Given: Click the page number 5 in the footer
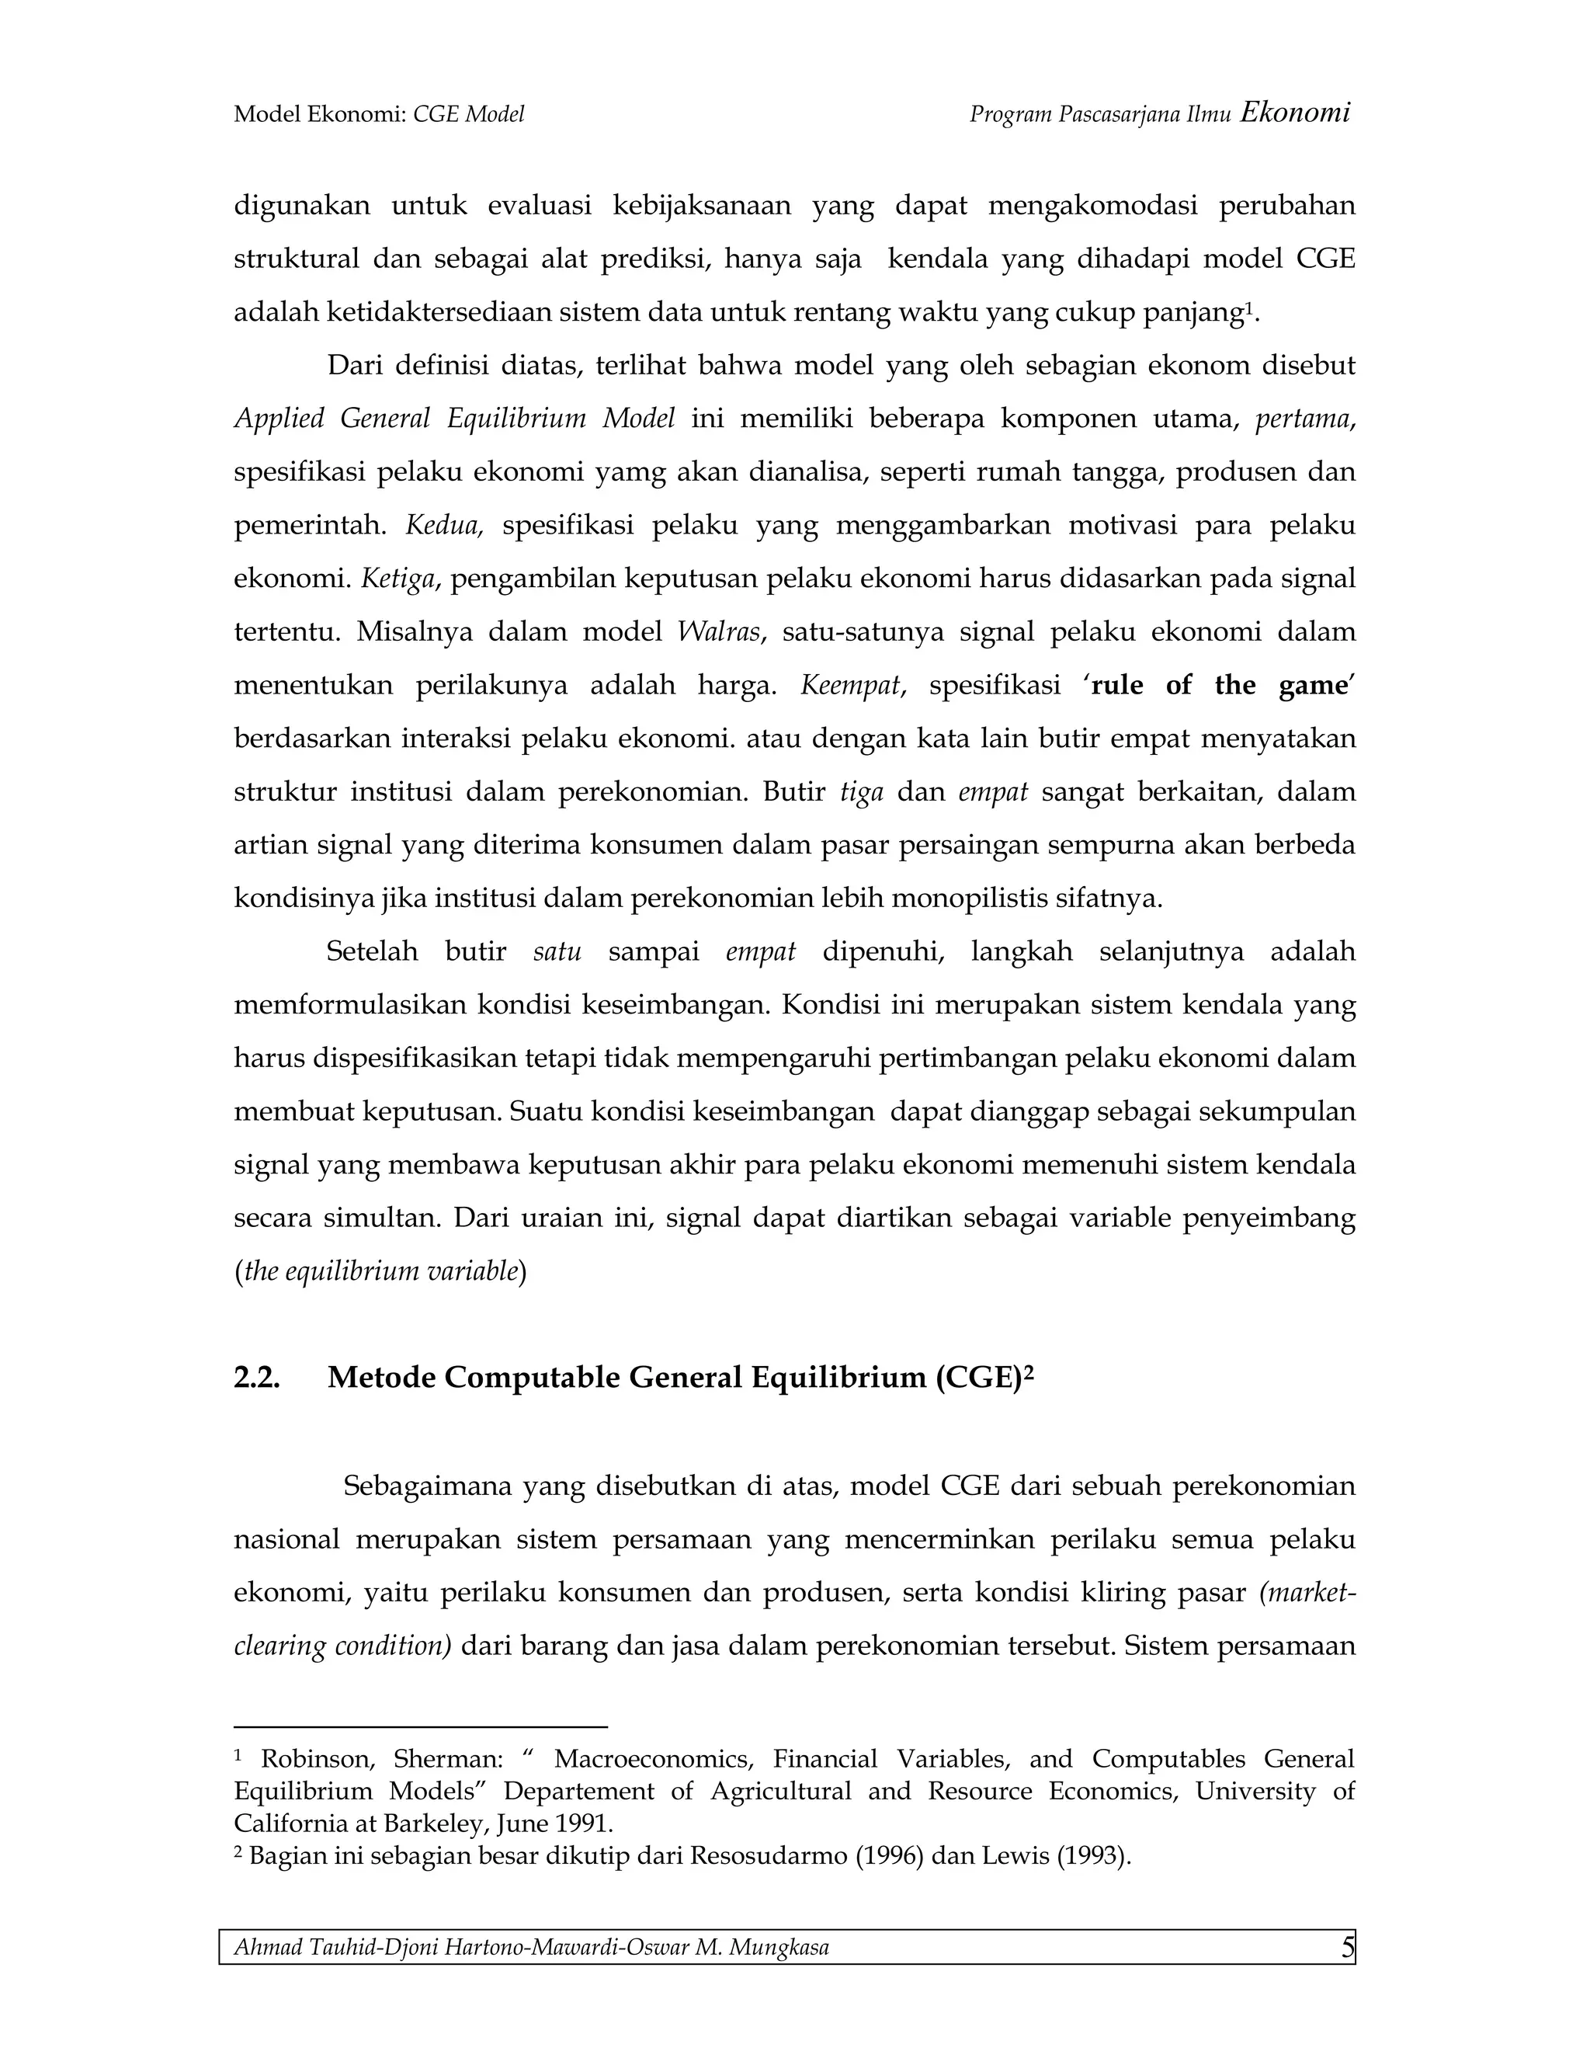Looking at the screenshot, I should [x=1348, y=1947].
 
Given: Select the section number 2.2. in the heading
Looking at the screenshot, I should [x=257, y=1378].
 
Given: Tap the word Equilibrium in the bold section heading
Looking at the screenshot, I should [x=838, y=1378].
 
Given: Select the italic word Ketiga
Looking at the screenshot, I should [x=398, y=579].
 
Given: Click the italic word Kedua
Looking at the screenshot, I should [x=443, y=525].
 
